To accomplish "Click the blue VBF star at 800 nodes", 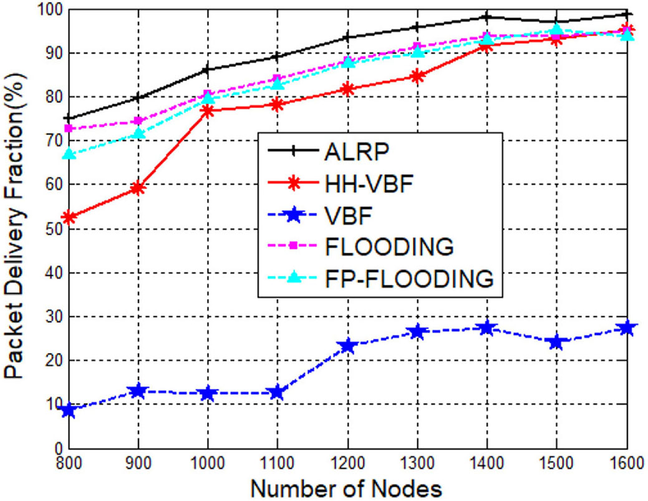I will (x=69, y=411).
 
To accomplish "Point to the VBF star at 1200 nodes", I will (x=347, y=346).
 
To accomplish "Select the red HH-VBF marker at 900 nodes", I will (x=138, y=188).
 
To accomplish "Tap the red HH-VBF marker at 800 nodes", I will (x=69, y=217).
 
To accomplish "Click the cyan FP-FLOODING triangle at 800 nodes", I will (x=69, y=153).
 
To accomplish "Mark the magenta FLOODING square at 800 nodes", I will (x=69, y=129).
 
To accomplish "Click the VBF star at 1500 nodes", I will (x=556, y=342).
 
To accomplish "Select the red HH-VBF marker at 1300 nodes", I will (x=417, y=77).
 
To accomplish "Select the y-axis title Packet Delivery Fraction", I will (x=15, y=228).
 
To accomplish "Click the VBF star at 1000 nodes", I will (x=208, y=394).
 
